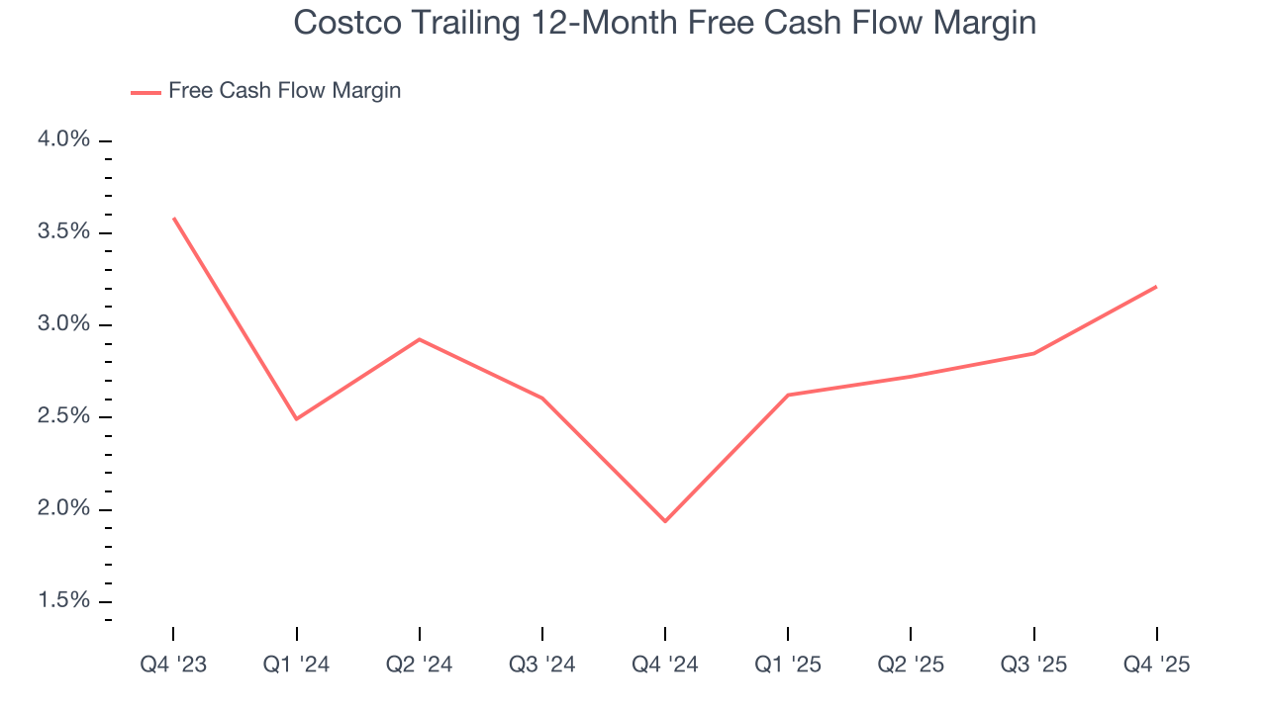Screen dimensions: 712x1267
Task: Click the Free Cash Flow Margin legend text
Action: pos(284,91)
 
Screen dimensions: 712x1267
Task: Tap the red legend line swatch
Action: pos(146,92)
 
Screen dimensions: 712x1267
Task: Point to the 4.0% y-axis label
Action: pos(63,139)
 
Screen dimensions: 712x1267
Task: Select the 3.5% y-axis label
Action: pos(63,231)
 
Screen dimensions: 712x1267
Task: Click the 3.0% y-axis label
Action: pos(63,324)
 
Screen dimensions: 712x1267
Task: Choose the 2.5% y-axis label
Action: pos(63,416)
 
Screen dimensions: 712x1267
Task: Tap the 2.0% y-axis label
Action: pos(63,508)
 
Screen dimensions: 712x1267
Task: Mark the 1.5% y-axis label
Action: pos(63,601)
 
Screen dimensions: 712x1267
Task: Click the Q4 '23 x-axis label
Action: pos(173,665)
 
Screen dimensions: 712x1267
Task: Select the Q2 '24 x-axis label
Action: pos(419,665)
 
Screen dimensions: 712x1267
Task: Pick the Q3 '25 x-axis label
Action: pos(1033,665)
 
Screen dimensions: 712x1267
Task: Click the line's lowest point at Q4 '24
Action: pos(664,521)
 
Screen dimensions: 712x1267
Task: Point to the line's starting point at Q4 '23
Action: pos(173,218)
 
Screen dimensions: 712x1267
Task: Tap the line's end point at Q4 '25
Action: pos(1156,287)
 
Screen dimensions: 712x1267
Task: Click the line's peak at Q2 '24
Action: pos(419,339)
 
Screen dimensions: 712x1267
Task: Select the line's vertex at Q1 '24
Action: pos(296,419)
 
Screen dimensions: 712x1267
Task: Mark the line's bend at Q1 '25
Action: pos(788,395)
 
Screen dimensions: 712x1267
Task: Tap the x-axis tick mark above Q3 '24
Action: pos(542,634)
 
